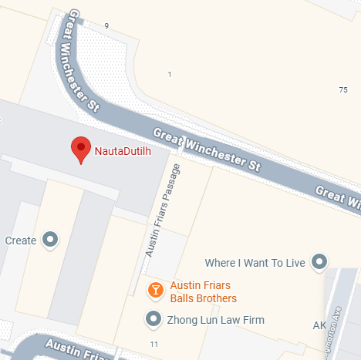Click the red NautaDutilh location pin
[x=81, y=149]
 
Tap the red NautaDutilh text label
[x=121, y=151]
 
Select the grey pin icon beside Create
[x=51, y=240]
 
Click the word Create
[x=21, y=241]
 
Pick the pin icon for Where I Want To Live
[x=318, y=262]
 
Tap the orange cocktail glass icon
[x=155, y=290]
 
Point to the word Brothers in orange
[x=216, y=298]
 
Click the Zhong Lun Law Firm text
[x=216, y=319]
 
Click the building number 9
[x=106, y=26]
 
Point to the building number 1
[x=169, y=74]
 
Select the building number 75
[x=342, y=90]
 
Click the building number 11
[x=154, y=343]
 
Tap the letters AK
[x=319, y=325]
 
